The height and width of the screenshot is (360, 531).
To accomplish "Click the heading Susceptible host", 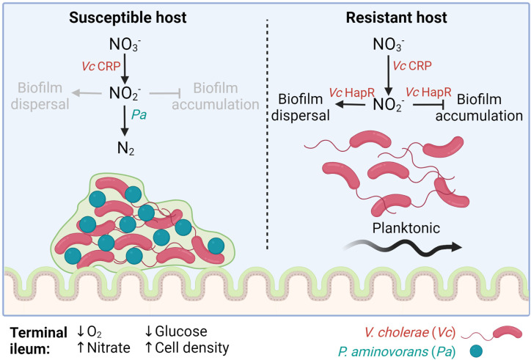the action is (128, 18).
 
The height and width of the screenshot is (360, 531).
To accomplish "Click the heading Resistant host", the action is (396, 18).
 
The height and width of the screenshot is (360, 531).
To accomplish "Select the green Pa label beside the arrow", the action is (139, 115).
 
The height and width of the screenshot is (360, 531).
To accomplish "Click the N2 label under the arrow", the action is (125, 148).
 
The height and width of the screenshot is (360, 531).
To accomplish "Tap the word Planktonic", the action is (406, 228).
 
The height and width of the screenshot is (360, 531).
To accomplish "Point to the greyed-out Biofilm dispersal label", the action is (40, 96).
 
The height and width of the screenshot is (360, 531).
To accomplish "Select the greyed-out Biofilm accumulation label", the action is (216, 96).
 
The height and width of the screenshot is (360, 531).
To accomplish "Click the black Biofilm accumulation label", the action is (479, 108).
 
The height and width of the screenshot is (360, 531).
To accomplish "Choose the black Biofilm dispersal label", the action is (301, 108).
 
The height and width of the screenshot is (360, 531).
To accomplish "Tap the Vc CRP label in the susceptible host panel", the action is (101, 66).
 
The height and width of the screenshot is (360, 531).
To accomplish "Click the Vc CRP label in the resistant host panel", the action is (412, 65).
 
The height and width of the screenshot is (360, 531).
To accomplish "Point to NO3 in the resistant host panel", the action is (388, 45).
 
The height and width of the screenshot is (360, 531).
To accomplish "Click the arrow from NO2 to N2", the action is (125, 120).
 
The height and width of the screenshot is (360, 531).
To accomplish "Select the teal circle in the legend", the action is (476, 351).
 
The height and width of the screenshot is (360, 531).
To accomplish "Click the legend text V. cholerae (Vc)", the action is (410, 332).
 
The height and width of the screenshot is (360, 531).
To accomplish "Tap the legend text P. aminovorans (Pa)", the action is (397, 351).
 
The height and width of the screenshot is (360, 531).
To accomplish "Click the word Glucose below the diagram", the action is (181, 331).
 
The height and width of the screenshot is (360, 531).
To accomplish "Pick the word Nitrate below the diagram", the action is (109, 348).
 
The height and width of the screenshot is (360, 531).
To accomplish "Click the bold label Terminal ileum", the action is (38, 341).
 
